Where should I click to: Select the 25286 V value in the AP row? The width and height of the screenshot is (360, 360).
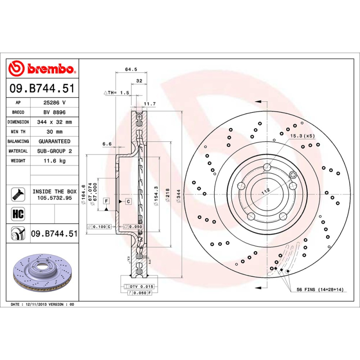tap(54, 103)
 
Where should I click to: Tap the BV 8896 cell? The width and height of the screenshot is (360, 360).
tap(54, 112)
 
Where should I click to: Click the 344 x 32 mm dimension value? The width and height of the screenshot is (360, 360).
tap(54, 122)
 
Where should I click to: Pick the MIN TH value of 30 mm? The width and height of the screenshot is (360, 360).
tap(54, 132)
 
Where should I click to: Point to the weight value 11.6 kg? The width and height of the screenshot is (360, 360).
tap(54, 161)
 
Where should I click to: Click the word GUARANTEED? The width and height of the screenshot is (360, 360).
tap(54, 141)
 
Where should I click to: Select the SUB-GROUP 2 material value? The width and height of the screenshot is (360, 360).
tap(54, 151)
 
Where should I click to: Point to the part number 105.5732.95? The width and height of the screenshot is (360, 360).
tap(54, 198)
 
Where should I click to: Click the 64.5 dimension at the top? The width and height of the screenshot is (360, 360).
tap(130, 69)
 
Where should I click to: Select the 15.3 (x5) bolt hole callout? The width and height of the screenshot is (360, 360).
tap(302, 136)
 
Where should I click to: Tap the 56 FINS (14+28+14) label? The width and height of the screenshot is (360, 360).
tap(320, 289)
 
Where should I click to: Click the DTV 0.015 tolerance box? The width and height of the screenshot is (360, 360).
tap(142, 287)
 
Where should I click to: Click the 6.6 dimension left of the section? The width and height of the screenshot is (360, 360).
tap(107, 144)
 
